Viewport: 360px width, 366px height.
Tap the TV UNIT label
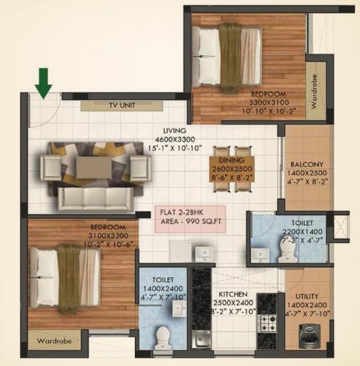[x=122, y=105]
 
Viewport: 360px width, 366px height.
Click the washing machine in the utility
[x=308, y=335]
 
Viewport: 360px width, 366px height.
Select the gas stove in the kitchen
[x=268, y=323]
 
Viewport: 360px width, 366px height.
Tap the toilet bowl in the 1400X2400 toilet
[x=163, y=335]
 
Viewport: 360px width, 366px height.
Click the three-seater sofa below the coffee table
[x=96, y=198]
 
